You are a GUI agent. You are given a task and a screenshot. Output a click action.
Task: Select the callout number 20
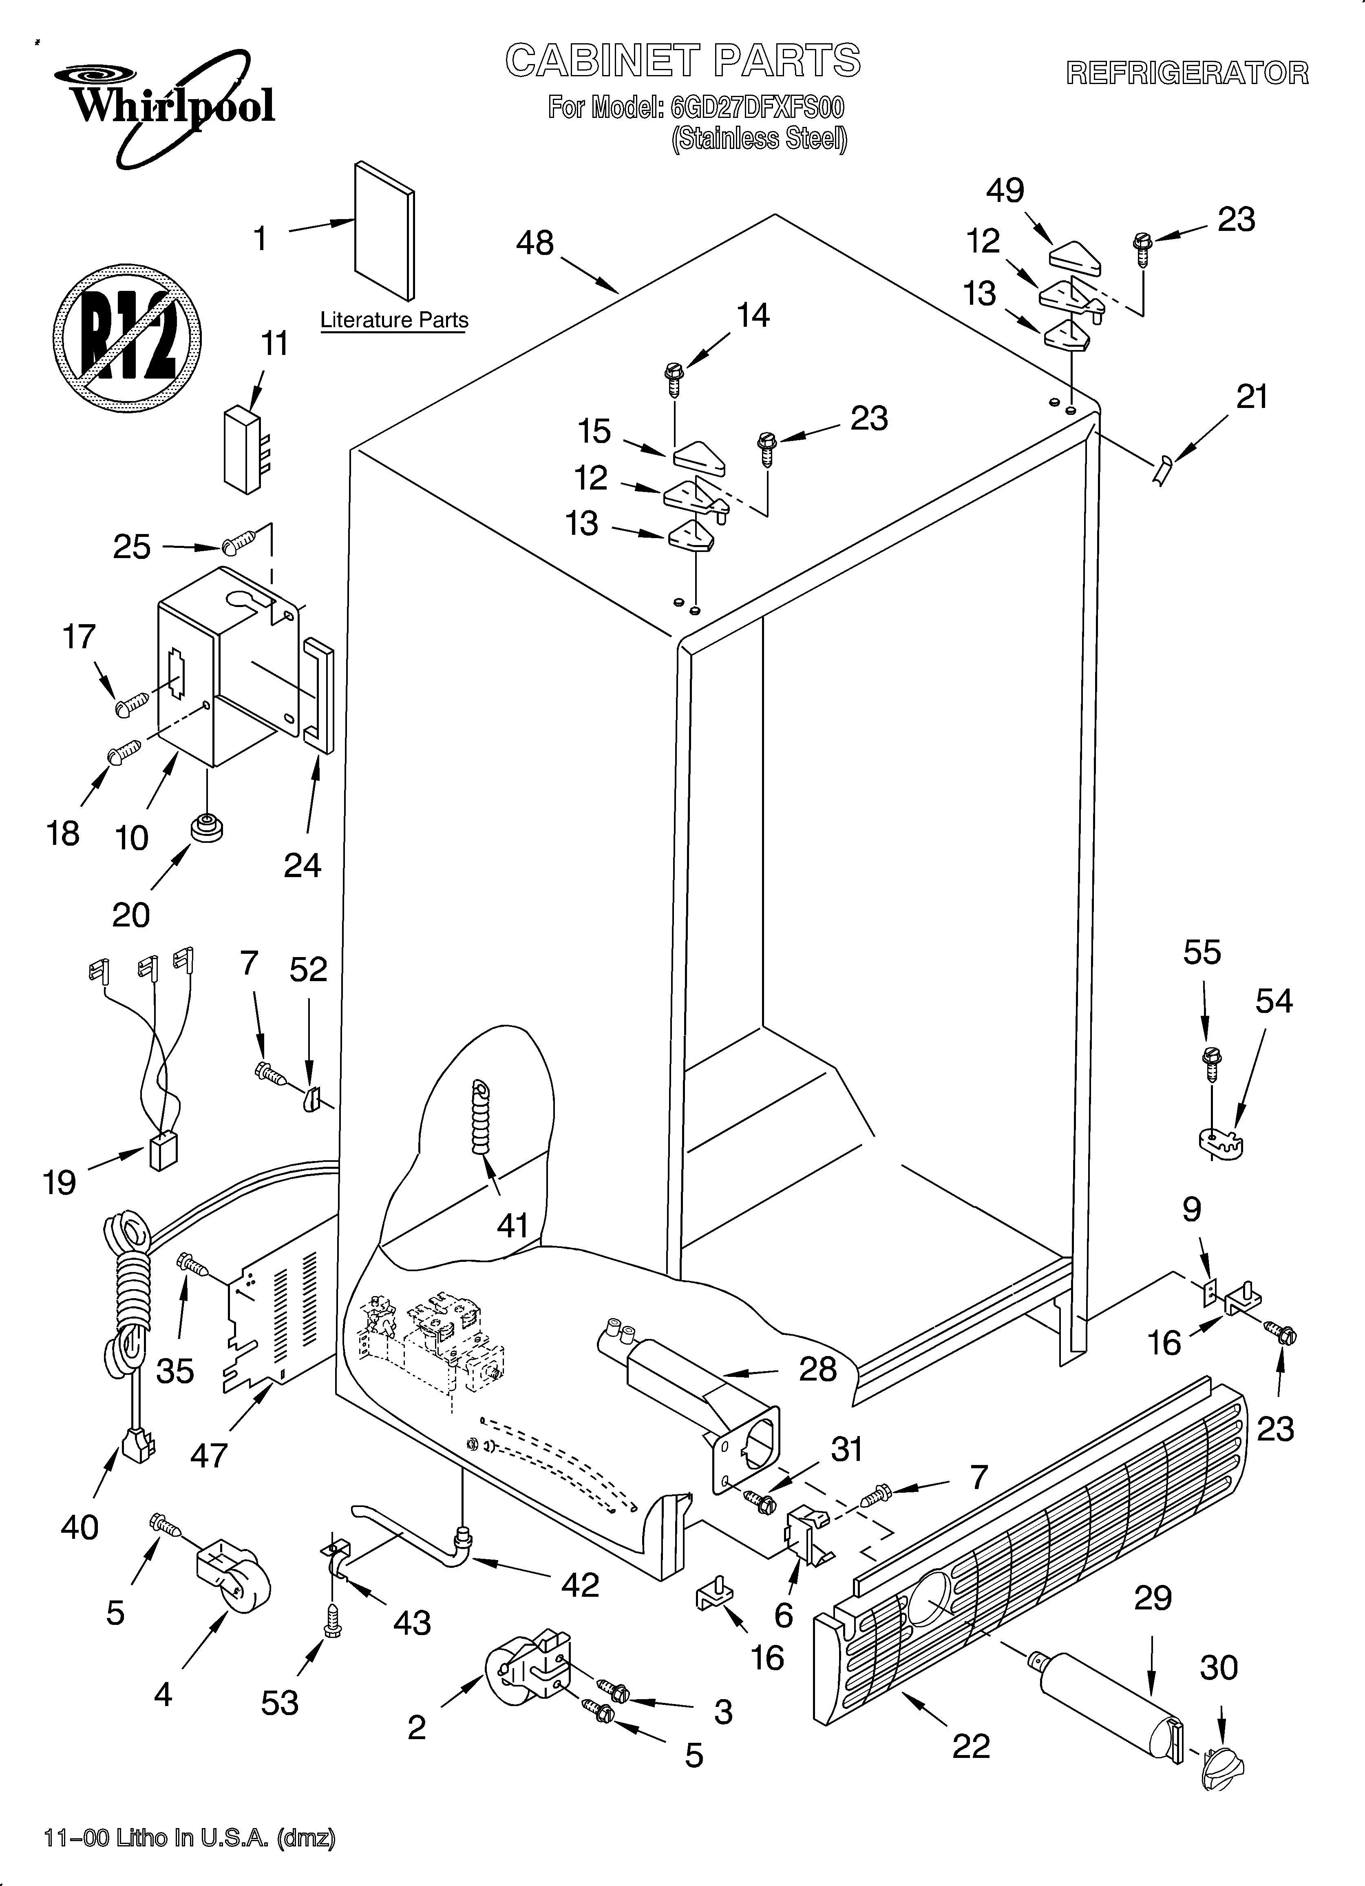click(131, 915)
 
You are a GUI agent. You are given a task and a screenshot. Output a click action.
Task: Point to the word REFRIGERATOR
click(1187, 73)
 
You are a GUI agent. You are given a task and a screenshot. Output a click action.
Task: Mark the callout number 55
click(1202, 952)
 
